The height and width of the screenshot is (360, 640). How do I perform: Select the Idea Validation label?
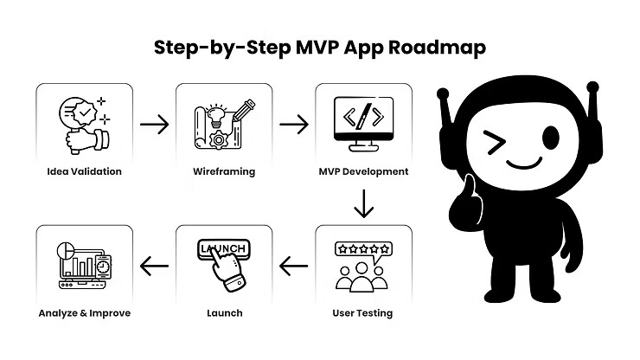coord(84,171)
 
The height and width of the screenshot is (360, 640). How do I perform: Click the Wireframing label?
coord(223,171)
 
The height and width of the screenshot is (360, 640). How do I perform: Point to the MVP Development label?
coord(363,171)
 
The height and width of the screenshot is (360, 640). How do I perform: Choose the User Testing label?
coord(363,312)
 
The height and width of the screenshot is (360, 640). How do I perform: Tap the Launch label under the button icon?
coord(223,312)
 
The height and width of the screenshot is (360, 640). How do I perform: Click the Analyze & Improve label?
coord(84,312)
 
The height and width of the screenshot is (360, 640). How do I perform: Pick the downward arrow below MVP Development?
coord(363,205)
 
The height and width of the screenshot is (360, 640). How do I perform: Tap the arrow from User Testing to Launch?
coord(294,265)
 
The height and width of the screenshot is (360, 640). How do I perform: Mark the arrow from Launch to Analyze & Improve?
coord(154,265)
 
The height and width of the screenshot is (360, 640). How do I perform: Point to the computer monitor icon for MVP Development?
coord(363,121)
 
